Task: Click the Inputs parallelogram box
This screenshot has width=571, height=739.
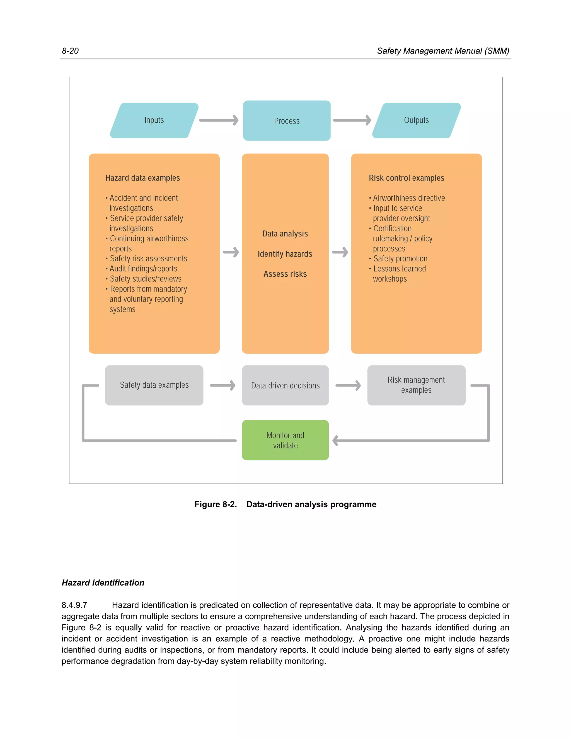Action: [x=154, y=120]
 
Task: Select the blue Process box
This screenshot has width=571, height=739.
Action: [x=287, y=120]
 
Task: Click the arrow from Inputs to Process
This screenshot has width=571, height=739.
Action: [x=219, y=120]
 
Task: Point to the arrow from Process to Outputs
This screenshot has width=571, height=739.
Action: [x=352, y=120]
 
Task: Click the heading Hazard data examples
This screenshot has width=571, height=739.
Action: [x=142, y=178]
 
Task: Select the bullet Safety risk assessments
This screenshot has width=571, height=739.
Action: [x=148, y=259]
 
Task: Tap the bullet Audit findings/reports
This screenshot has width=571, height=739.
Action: [x=143, y=269]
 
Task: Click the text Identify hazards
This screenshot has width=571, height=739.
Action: [x=285, y=254]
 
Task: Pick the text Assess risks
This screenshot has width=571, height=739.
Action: [x=285, y=274]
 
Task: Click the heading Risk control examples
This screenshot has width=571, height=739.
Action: [x=406, y=178]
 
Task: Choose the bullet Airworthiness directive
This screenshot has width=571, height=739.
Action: [x=409, y=198]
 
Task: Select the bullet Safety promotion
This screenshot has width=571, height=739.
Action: [x=400, y=259]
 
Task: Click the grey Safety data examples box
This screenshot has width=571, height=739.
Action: [x=154, y=385]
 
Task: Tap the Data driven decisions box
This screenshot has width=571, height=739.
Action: [x=285, y=385]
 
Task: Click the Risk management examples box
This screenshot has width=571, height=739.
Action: [x=416, y=385]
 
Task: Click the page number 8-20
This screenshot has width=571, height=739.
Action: [x=70, y=51]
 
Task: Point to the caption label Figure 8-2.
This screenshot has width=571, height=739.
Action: [x=216, y=504]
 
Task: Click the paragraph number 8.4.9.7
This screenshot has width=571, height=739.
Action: [x=74, y=605]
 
